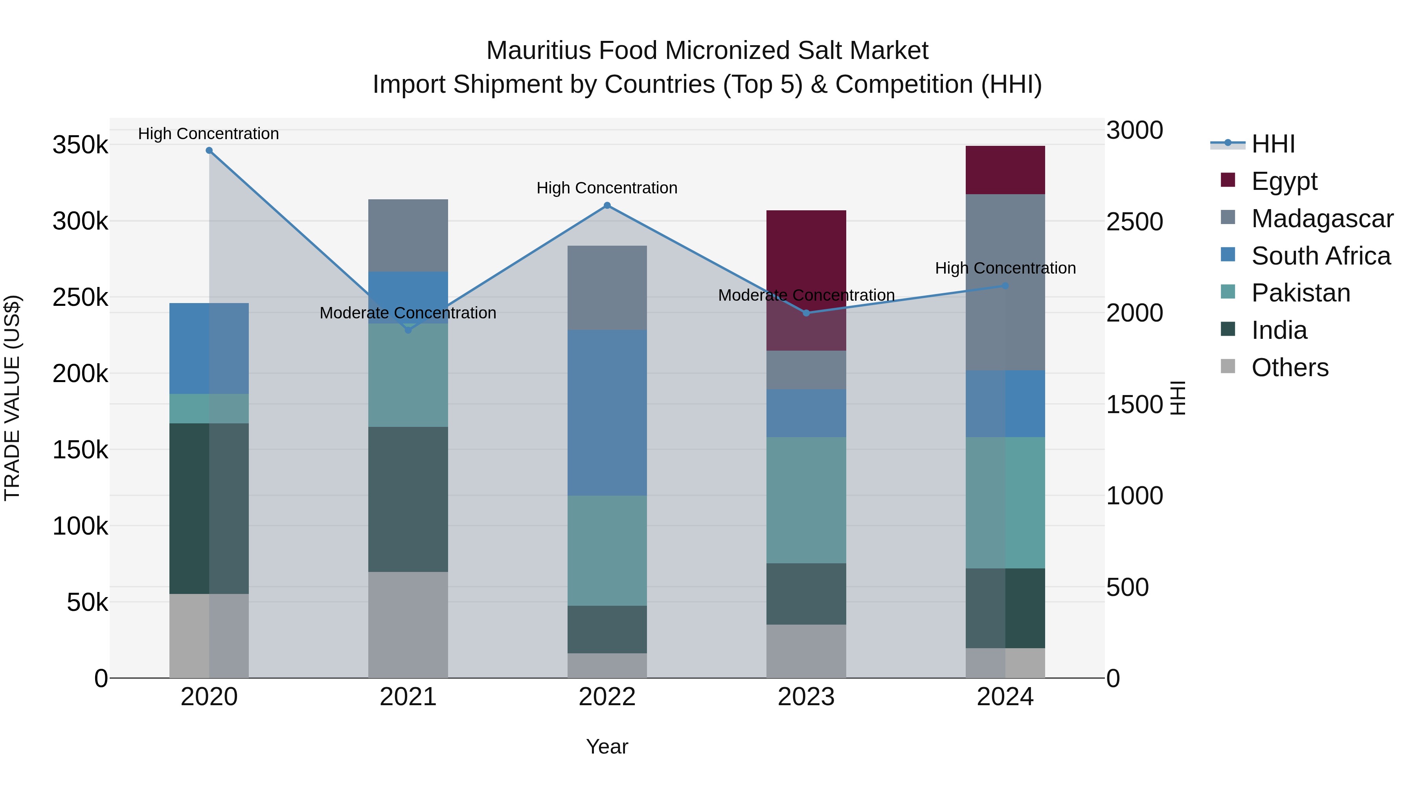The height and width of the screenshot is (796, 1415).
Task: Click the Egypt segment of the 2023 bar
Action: [x=806, y=258]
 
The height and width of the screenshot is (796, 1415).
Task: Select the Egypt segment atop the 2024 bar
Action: [x=1005, y=170]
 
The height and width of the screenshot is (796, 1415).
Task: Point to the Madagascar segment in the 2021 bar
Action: [x=408, y=235]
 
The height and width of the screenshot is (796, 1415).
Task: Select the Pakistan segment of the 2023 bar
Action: [x=806, y=500]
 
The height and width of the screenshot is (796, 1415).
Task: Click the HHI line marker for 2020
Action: [x=209, y=151]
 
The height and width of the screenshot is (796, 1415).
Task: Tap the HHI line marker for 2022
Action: [x=607, y=206]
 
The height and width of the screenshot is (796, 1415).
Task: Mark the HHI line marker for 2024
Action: [x=1005, y=286]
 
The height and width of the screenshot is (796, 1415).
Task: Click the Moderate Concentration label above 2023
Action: [x=806, y=295]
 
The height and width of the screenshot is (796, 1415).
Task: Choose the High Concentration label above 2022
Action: [x=607, y=188]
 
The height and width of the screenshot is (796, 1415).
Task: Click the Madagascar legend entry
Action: [x=1321, y=219]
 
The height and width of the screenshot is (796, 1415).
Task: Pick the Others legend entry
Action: [x=1289, y=368]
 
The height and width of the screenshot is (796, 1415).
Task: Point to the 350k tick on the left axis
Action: [x=80, y=145]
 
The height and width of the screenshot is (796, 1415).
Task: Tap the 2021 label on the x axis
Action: [x=408, y=697]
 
